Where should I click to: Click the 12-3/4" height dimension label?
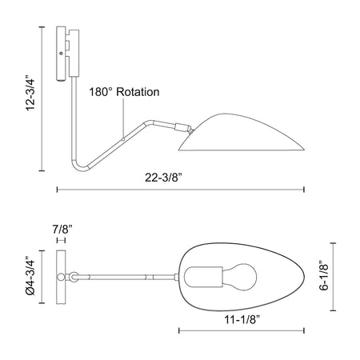30,90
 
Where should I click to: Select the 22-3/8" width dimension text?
163,178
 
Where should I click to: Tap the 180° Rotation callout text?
124,92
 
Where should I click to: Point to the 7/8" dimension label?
62,230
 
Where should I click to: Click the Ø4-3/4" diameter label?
30,277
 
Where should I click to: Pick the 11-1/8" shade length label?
242,319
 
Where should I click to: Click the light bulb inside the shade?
239,278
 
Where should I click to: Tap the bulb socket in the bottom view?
203,278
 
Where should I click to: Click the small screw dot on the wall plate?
61,54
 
